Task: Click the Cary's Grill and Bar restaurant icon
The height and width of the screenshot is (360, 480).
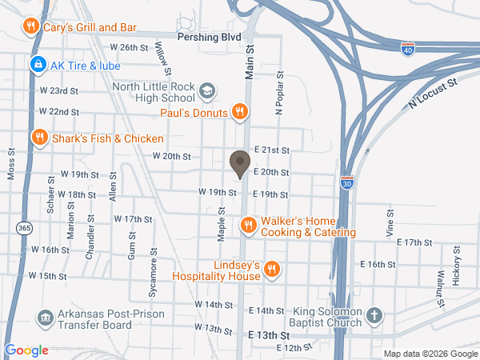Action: pos(30,26)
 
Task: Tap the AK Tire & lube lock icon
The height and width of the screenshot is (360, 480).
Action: pos(36,63)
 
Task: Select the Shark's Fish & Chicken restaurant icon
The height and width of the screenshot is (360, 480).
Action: pos(38,138)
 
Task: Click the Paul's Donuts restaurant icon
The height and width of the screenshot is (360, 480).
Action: pos(238,112)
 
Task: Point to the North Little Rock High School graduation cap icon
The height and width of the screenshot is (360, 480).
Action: pos(207,90)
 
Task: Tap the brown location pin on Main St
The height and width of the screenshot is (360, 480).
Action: pos(238,165)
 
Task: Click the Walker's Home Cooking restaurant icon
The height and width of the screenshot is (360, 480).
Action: pos(249,225)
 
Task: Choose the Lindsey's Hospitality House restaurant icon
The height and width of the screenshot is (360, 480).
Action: pos(271,269)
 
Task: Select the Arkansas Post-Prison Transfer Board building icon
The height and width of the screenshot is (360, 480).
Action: pos(45,318)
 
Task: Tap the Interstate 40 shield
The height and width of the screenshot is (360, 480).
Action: pos(407,49)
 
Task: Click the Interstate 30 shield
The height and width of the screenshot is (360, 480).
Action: pos(346,183)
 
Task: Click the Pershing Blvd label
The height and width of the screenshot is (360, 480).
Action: pos(209,37)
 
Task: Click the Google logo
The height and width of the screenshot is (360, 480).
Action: pos(27,350)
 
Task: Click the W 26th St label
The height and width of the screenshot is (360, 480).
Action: pos(130,48)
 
